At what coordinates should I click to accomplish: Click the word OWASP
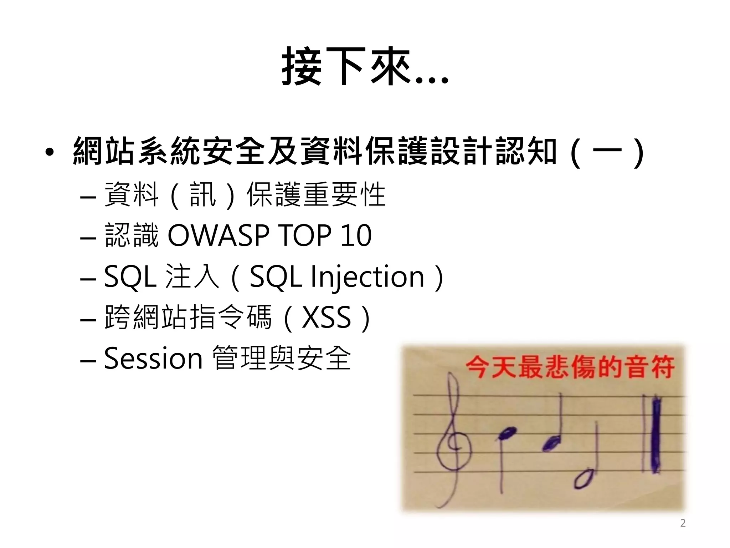[219, 235]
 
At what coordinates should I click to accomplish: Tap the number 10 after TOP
[356, 235]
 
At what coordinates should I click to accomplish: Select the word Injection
[367, 277]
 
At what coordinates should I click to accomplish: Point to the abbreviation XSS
[327, 317]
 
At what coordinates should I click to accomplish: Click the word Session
[153, 358]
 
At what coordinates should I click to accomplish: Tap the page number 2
[683, 523]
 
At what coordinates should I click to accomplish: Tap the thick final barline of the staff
[656, 435]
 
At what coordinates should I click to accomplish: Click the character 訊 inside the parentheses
[203, 195]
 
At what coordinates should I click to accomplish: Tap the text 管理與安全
[282, 358]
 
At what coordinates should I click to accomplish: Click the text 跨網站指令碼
[188, 317]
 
